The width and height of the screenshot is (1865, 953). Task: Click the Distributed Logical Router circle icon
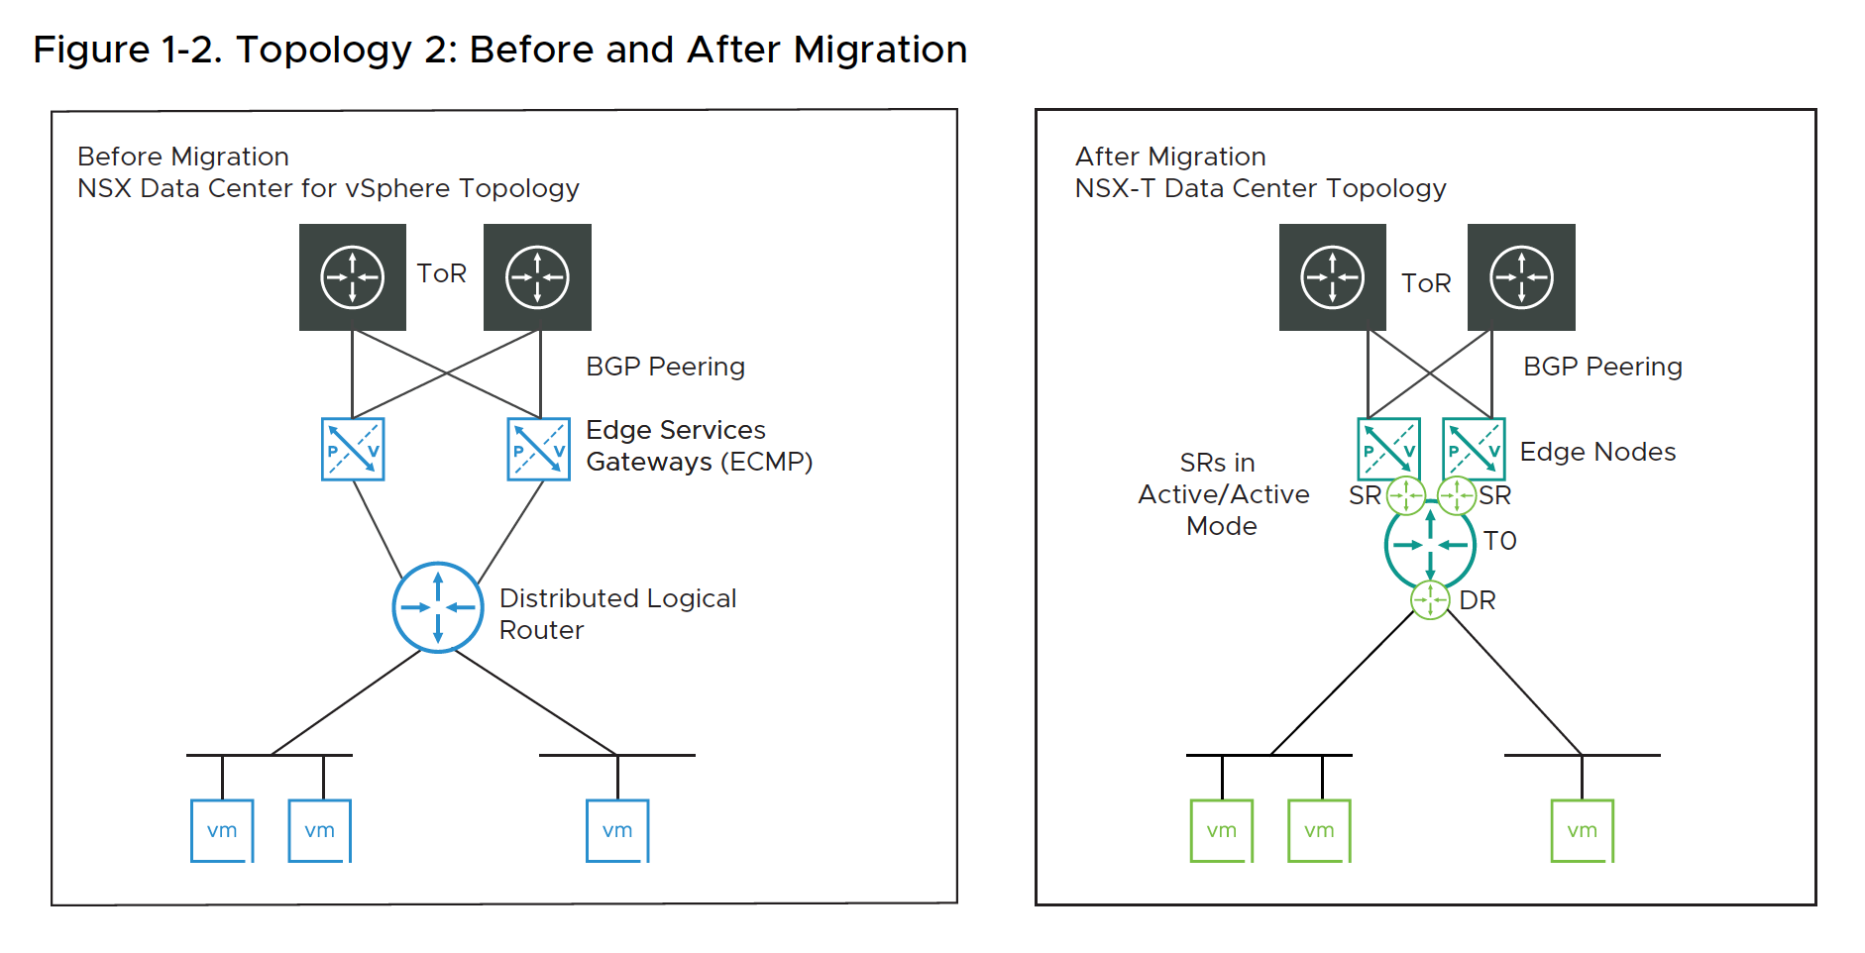(437, 607)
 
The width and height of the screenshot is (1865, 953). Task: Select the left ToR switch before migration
(353, 277)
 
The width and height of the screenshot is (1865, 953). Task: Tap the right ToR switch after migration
(1521, 277)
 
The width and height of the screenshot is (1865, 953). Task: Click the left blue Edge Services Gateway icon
(353, 450)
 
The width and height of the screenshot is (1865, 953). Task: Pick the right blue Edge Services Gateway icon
(538, 450)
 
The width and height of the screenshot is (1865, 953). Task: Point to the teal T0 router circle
(1430, 545)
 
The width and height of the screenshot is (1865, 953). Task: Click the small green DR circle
(1430, 599)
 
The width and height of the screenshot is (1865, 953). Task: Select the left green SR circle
(1405, 495)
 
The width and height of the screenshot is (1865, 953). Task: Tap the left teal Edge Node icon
(1388, 449)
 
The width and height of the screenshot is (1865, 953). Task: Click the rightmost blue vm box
(617, 830)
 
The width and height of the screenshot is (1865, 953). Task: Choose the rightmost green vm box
(1582, 830)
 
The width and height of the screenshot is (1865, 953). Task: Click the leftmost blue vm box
(222, 830)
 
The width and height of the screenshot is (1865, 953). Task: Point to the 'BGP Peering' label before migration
(665, 367)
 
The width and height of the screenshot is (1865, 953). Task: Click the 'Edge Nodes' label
(1597, 452)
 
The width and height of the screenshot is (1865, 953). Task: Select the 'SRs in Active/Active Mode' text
(1223, 494)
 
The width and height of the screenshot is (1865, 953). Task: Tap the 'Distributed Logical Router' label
(617, 614)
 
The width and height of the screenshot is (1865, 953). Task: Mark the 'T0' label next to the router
(1499, 541)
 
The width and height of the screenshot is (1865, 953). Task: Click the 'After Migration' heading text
(1170, 157)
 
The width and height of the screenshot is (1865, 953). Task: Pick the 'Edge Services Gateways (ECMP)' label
(699, 446)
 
